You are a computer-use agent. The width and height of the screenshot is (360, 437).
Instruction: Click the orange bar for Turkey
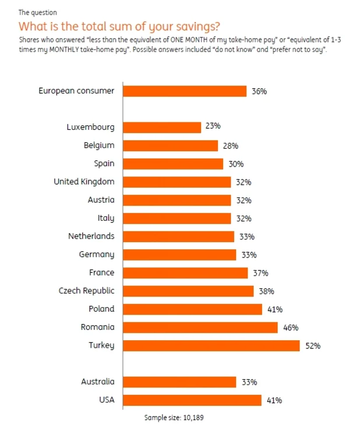(x=211, y=346)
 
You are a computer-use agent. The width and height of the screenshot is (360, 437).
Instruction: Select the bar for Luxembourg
(x=162, y=128)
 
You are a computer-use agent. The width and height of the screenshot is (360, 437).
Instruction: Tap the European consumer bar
(x=185, y=91)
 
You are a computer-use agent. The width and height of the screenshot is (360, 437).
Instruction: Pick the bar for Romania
(x=200, y=327)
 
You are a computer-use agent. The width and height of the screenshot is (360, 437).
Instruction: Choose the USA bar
(x=192, y=400)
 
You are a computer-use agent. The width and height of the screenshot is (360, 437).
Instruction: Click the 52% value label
(x=313, y=346)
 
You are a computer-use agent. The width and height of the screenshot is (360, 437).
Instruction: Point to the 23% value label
(x=213, y=126)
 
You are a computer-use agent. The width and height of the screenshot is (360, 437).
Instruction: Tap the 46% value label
(x=291, y=327)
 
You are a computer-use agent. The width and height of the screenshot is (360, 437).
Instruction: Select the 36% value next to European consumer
(x=259, y=91)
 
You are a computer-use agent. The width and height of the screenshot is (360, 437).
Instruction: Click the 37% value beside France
(x=260, y=273)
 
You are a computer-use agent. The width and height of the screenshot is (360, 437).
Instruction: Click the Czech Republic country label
(x=86, y=291)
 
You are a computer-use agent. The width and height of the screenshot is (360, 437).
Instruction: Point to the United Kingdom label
(x=84, y=182)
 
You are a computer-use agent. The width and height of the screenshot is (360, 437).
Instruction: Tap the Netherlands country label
(x=91, y=236)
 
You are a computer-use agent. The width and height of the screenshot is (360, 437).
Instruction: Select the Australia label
(x=97, y=382)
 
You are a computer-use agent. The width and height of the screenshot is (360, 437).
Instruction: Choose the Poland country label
(x=101, y=309)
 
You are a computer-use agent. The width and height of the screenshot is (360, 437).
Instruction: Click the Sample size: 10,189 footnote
(x=174, y=418)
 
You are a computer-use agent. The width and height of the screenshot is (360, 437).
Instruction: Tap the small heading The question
(x=38, y=13)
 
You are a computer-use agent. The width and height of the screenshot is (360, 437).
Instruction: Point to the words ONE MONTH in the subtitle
(x=189, y=40)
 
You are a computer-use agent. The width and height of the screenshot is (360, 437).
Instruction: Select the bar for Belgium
(x=170, y=146)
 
